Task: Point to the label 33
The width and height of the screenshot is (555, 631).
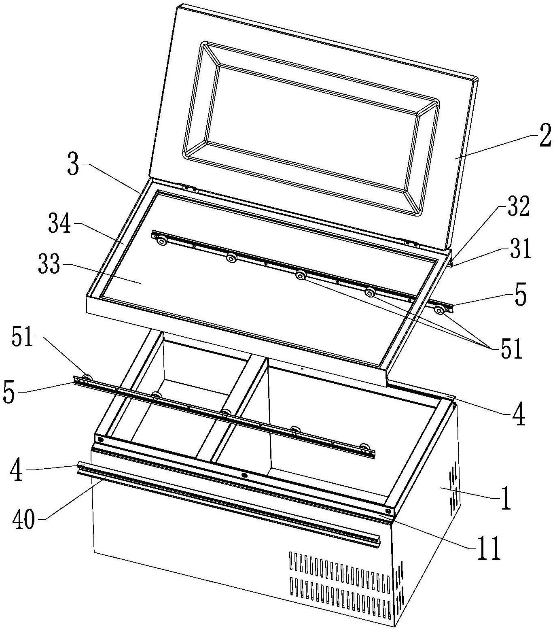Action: [x=49, y=266]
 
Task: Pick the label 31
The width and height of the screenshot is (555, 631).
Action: [x=520, y=250]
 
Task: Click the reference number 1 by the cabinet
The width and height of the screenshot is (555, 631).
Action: [x=506, y=499]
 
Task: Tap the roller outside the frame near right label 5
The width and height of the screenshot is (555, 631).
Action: [x=438, y=310]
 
